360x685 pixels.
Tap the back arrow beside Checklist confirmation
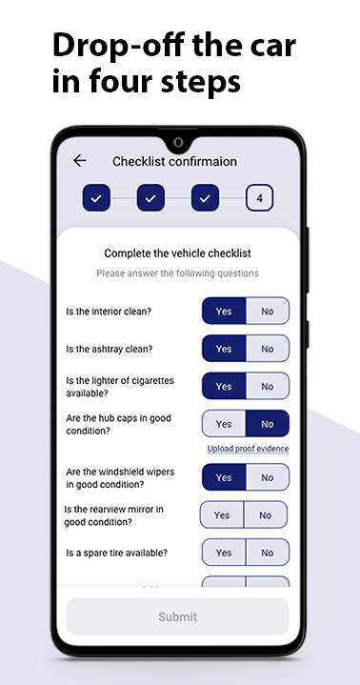point(79,161)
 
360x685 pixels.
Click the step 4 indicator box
point(259,198)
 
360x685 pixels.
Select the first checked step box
point(96,198)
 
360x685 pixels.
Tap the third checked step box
point(205,198)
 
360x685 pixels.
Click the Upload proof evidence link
point(249,449)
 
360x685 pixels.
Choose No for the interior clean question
point(268,311)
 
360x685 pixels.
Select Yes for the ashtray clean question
point(224,349)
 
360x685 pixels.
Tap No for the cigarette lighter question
point(268,386)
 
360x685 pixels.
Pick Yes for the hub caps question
point(224,424)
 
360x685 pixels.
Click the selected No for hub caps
point(268,424)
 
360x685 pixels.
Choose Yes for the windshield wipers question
point(224,477)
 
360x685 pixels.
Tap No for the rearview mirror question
point(266,515)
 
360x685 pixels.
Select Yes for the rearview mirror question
point(222,515)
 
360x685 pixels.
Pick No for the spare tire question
point(268,553)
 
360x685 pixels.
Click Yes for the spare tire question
point(224,553)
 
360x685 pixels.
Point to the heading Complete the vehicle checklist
point(177,252)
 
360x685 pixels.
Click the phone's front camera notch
point(178,142)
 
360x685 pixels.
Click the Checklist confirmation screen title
point(174,161)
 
